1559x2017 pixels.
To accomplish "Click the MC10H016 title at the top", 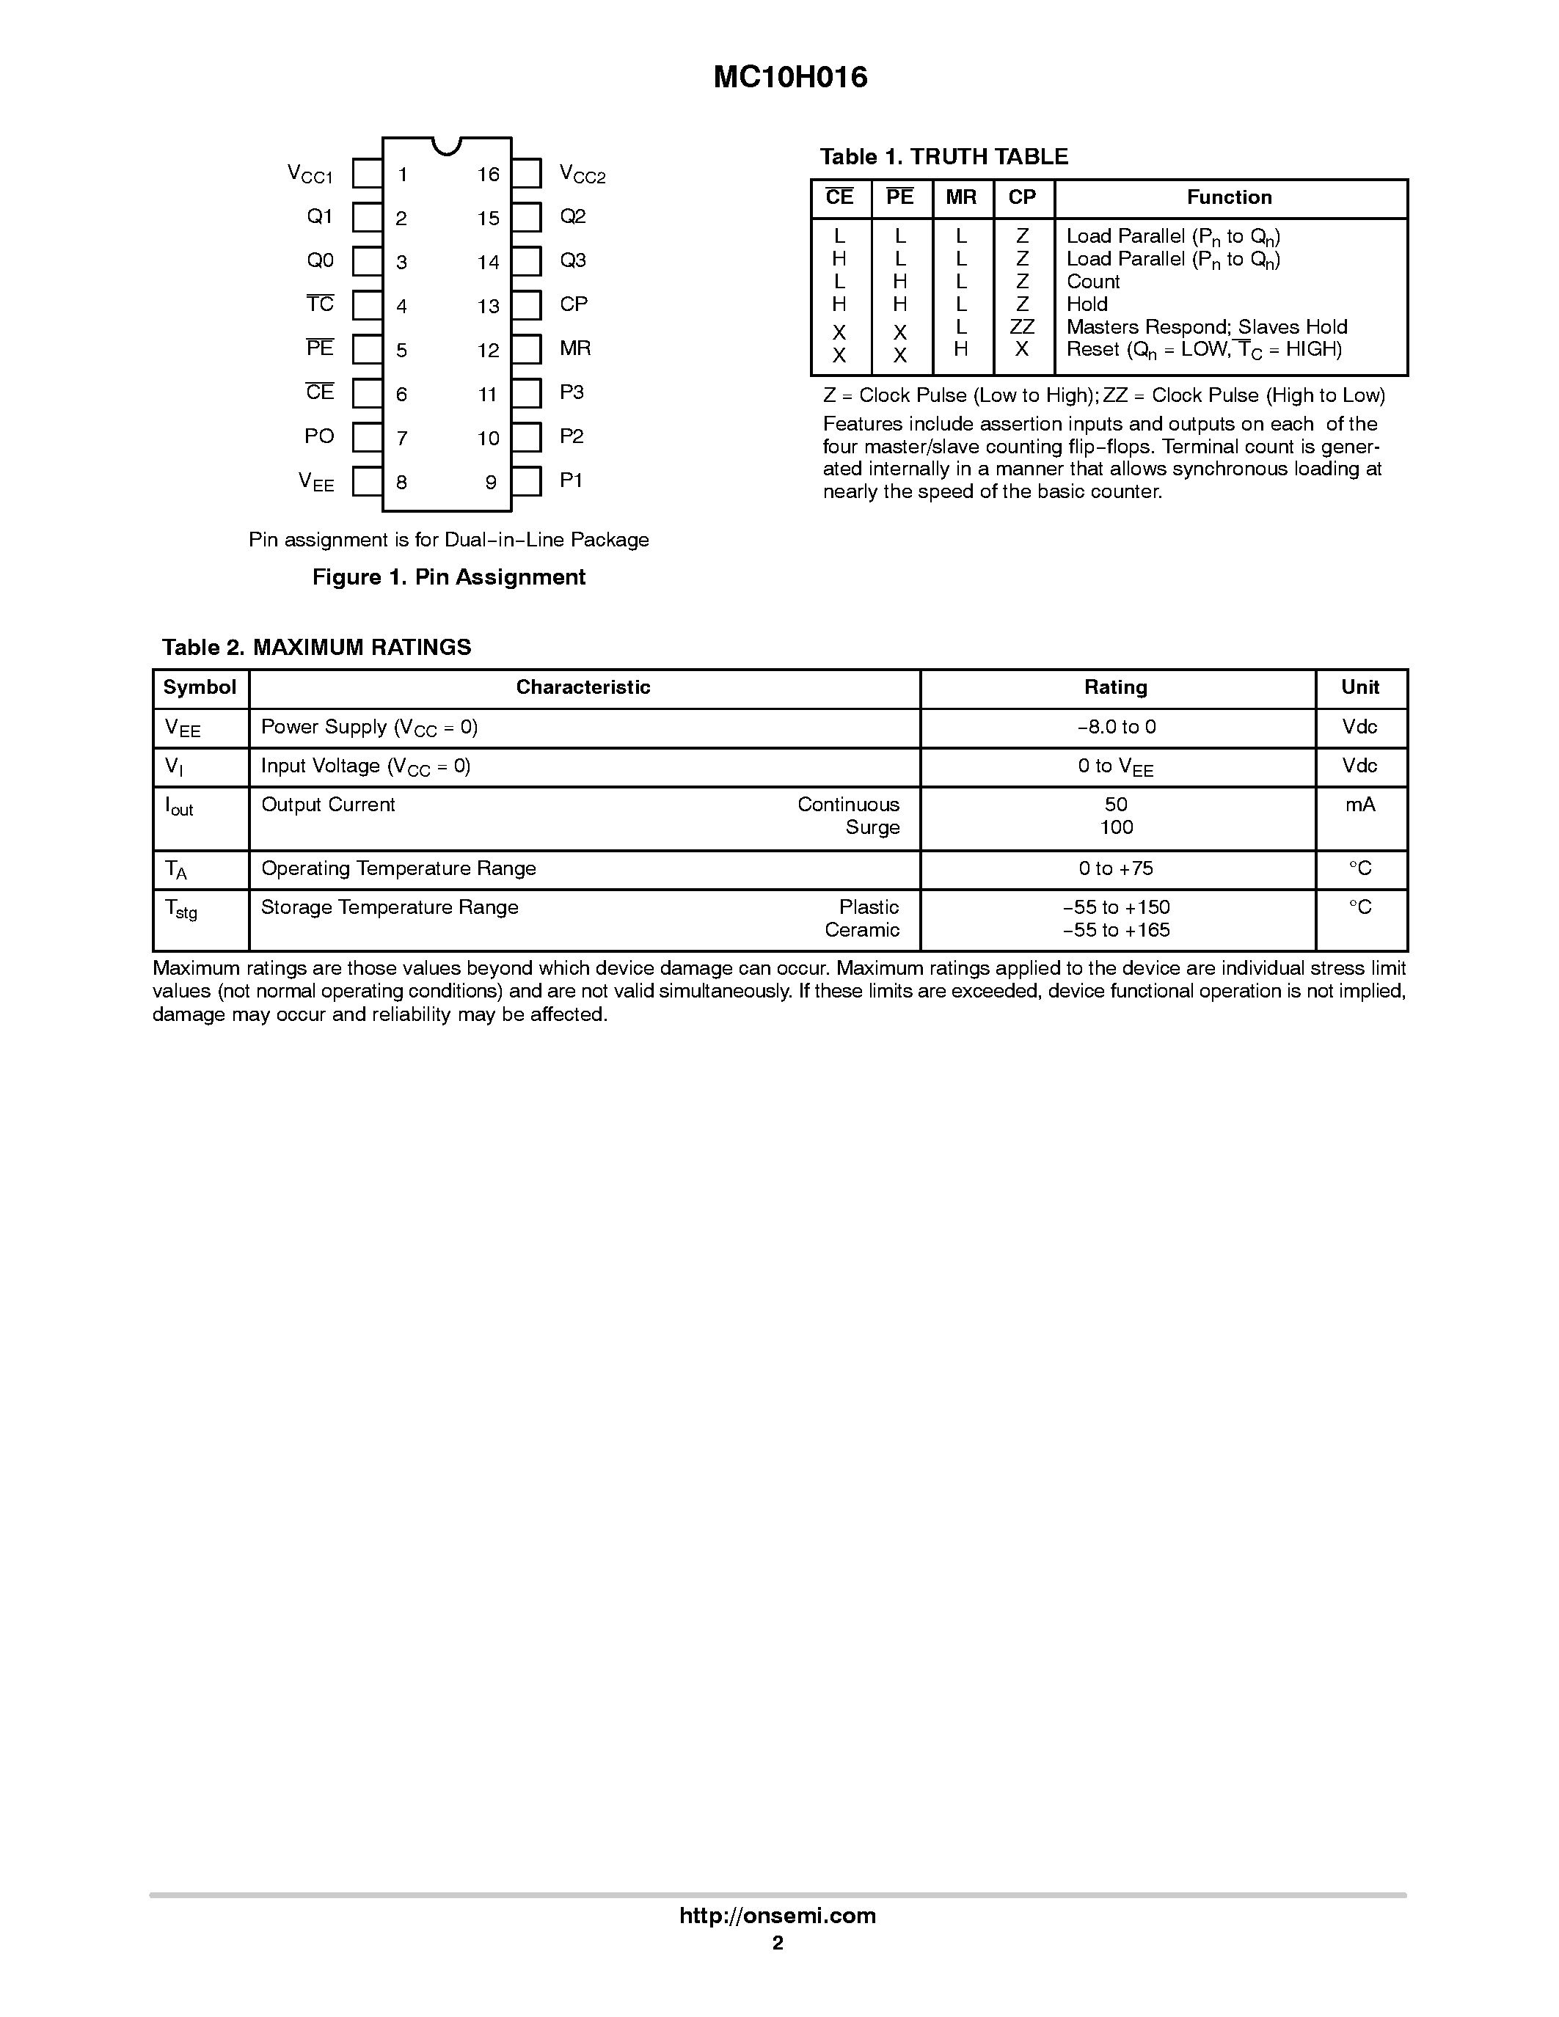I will click(x=789, y=78).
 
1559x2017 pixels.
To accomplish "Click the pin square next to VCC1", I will click(x=368, y=174).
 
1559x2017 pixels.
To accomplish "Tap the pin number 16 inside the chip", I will click(x=488, y=175).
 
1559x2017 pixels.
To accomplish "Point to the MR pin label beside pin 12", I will click(x=574, y=348).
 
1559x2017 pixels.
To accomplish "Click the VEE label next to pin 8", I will click(x=316, y=481).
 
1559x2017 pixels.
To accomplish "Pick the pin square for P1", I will click(x=527, y=481).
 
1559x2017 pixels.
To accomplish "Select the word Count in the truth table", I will click(x=1092, y=282).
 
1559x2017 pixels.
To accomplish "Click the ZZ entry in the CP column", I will click(x=1021, y=327).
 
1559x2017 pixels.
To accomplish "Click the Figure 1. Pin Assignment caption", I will click(x=449, y=577).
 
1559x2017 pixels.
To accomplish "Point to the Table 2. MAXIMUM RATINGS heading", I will click(x=316, y=648).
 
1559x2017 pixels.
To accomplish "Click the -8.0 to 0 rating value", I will click(x=1116, y=728).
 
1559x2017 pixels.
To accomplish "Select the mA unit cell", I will click(x=1359, y=805).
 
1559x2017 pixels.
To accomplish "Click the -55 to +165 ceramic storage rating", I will click(x=1116, y=931).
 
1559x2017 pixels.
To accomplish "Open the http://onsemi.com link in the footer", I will click(x=777, y=1915).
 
